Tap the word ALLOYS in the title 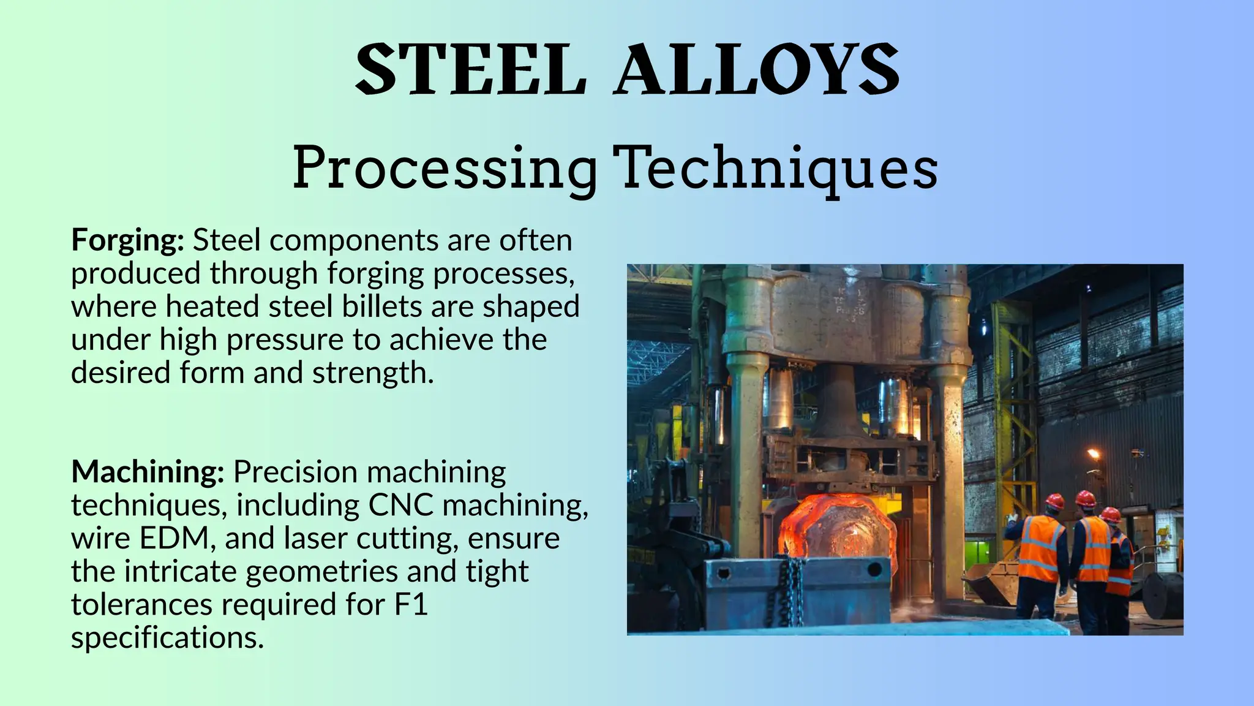click(757, 69)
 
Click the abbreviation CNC click(400, 506)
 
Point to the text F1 click(410, 605)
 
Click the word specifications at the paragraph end click(167, 638)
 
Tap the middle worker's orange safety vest click(1093, 549)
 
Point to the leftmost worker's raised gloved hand click(1012, 515)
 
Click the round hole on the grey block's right click(874, 570)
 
